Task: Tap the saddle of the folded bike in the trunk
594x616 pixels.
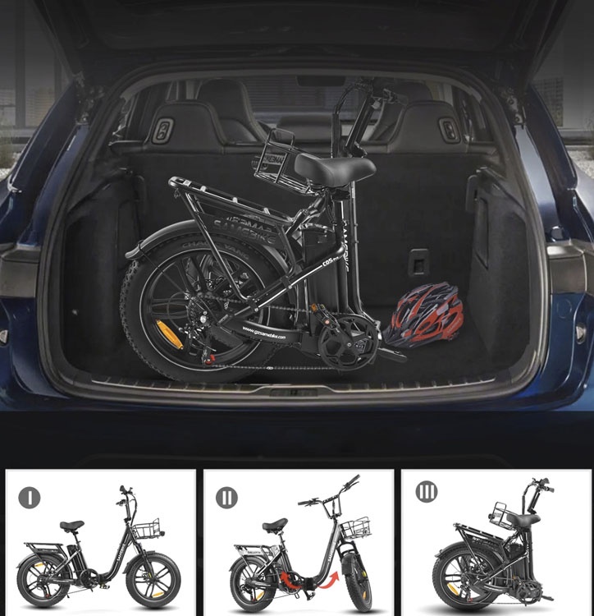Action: coord(334,168)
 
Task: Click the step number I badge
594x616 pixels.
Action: coord(30,497)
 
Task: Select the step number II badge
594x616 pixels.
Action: coord(226,497)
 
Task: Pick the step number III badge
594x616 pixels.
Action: coord(426,493)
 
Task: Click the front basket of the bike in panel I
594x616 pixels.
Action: coord(147,530)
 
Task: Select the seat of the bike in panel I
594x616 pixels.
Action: coord(71,526)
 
